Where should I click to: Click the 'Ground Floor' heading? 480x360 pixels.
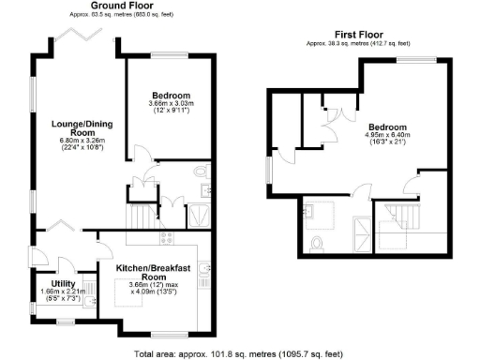pyautogui.click(x=122, y=6)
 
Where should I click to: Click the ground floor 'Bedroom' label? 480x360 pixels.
pyautogui.click(x=172, y=96)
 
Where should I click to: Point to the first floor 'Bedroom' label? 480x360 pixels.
pyautogui.click(x=387, y=127)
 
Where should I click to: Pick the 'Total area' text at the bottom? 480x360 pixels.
pyautogui.click(x=240, y=353)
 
